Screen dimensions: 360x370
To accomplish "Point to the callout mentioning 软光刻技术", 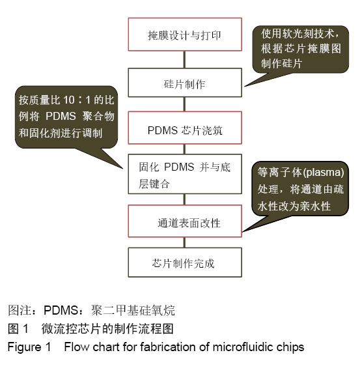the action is click(300, 49).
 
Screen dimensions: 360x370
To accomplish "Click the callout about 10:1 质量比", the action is click(66, 117).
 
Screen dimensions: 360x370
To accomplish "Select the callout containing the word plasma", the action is click(300, 188).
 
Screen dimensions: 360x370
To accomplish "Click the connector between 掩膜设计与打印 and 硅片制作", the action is click(185, 60).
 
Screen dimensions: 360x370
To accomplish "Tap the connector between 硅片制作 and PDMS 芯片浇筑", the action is click(185, 104).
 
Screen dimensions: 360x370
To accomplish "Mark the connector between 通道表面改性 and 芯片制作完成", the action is click(185, 242).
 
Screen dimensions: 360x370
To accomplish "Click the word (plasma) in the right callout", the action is click(324, 173).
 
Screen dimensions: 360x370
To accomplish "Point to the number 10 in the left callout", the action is click(69, 100).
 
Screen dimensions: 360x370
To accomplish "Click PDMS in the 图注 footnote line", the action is click(61, 310).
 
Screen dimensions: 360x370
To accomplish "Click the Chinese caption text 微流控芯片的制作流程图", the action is click(107, 329).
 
